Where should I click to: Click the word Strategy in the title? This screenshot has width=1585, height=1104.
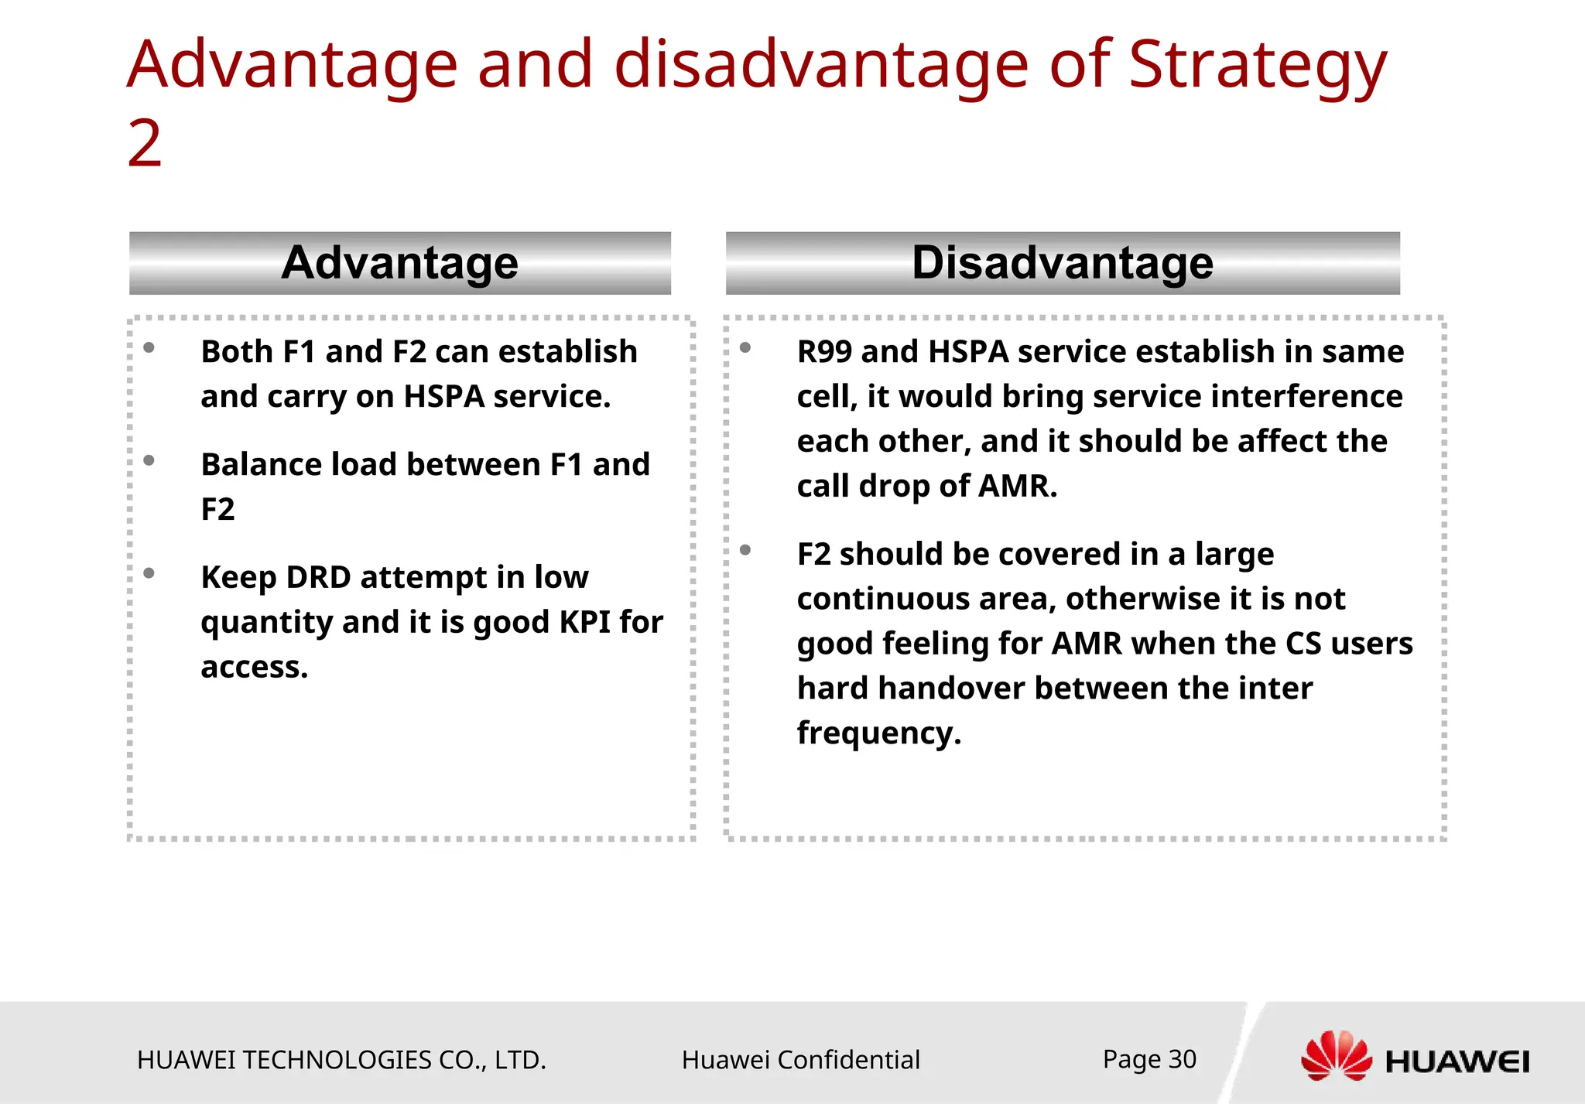point(1257,67)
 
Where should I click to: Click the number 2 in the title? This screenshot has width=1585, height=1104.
point(145,144)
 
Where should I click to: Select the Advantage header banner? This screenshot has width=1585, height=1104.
point(399,263)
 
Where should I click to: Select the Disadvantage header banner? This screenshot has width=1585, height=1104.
point(1062,263)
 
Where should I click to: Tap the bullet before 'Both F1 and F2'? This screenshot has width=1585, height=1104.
point(149,348)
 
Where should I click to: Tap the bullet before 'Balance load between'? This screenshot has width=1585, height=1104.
point(149,461)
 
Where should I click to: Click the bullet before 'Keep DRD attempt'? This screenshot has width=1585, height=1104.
point(149,573)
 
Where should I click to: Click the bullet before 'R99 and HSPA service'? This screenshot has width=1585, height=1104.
point(745,348)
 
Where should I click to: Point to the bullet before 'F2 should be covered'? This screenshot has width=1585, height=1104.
point(745,550)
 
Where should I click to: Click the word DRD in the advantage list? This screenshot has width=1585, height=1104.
point(318,577)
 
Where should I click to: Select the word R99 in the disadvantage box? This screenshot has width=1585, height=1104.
point(824,352)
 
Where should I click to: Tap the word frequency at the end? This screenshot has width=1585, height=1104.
point(878,733)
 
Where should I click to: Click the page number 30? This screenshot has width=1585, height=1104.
point(1182,1059)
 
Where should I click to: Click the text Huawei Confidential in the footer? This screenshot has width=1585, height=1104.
point(800,1060)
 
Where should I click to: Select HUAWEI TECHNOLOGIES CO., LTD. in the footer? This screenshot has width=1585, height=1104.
point(341,1060)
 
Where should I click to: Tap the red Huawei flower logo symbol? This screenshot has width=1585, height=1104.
point(1336,1056)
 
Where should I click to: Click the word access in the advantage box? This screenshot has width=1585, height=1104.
point(253,667)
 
